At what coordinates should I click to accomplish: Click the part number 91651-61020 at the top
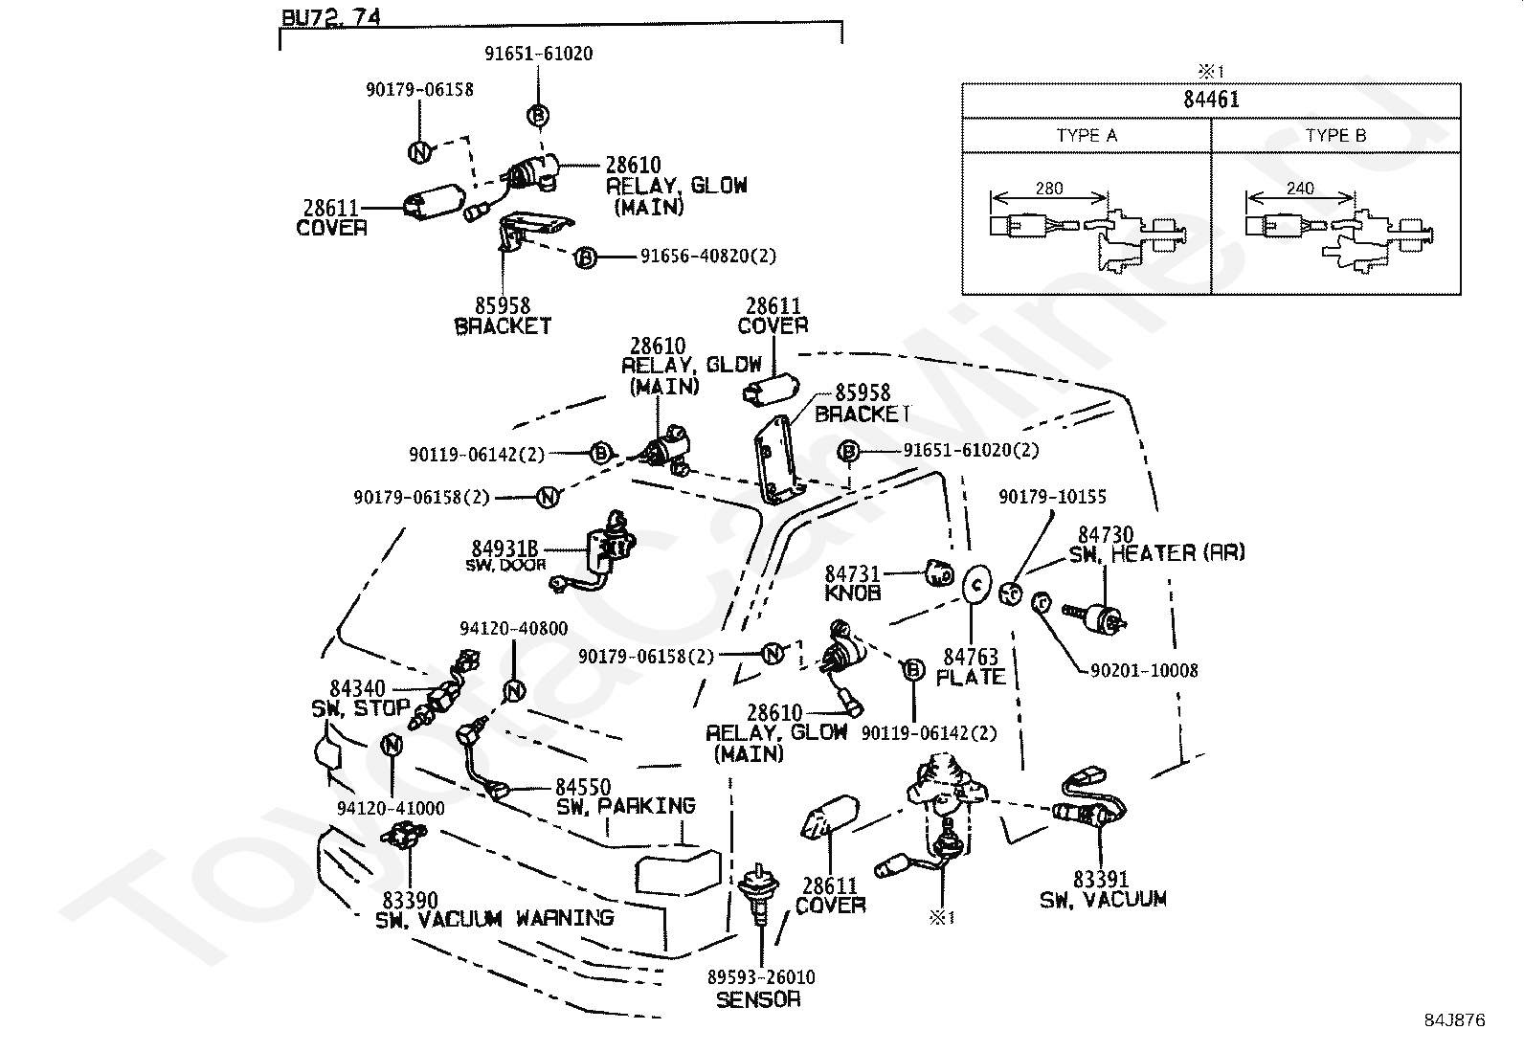(538, 54)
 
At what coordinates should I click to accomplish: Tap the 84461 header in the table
(1211, 100)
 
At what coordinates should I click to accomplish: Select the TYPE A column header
(1087, 135)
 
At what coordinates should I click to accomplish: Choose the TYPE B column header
(1335, 135)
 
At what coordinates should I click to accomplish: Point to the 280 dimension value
(1049, 189)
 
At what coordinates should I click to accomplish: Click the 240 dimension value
(1300, 189)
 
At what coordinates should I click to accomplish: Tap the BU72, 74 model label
(330, 17)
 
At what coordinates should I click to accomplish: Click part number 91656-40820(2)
(708, 256)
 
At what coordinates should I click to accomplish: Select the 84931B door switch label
(504, 548)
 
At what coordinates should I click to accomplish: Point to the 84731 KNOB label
(853, 584)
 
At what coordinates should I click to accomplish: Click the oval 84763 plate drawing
(977, 585)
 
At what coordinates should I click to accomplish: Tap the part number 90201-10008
(1144, 671)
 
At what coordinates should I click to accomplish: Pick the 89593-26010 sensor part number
(761, 977)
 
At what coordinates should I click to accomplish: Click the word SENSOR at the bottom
(758, 999)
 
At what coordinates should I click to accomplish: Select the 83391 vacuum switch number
(1101, 879)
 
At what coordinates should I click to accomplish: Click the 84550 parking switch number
(583, 787)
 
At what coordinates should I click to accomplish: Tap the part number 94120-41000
(391, 809)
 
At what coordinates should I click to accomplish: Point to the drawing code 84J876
(1455, 1020)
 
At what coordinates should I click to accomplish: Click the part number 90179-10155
(1052, 497)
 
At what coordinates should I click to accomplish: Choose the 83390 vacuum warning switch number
(411, 900)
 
